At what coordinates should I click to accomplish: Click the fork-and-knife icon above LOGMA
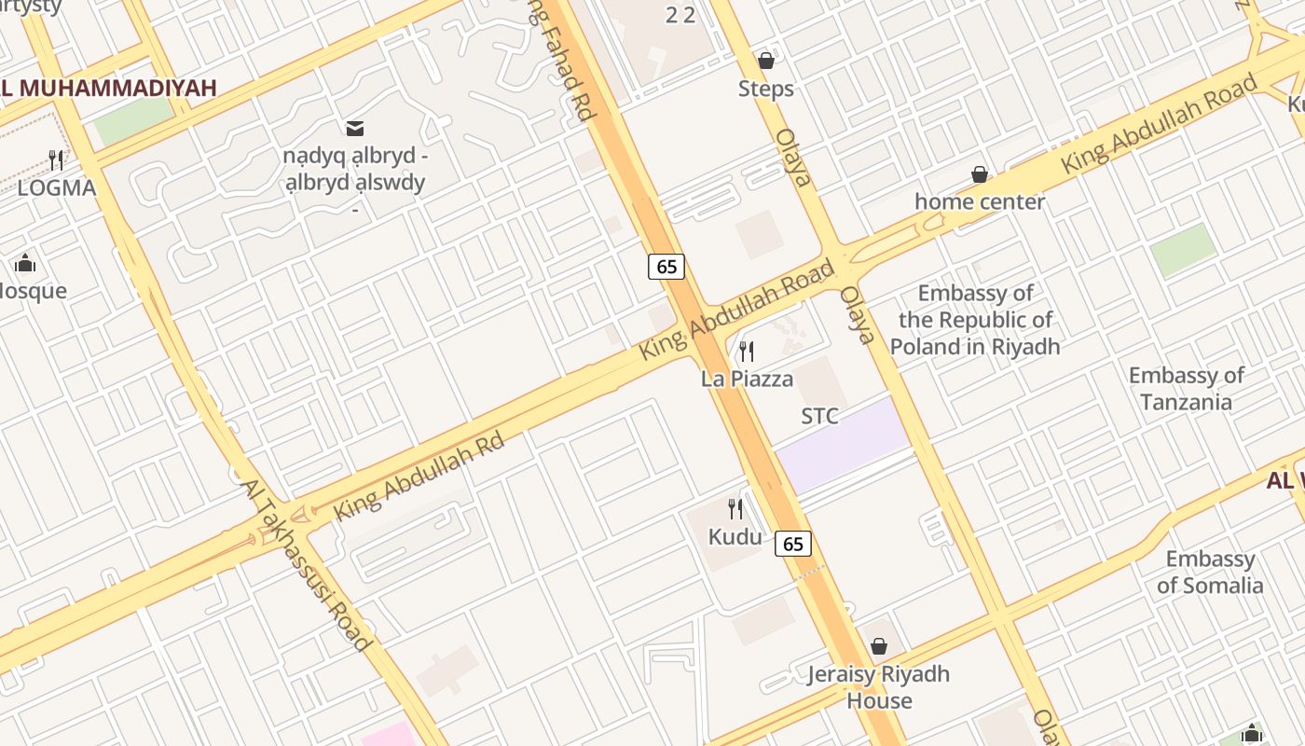click(x=56, y=160)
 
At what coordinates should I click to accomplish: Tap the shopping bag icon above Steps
click(x=766, y=61)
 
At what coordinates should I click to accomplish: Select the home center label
click(x=979, y=201)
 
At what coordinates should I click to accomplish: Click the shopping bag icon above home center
click(x=980, y=174)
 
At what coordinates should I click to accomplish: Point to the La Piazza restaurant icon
click(x=747, y=352)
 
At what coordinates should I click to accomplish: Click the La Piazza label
click(x=747, y=379)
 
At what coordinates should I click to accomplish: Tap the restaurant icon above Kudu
click(x=735, y=509)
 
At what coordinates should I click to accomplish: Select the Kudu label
click(x=735, y=537)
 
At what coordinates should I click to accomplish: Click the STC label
click(x=819, y=416)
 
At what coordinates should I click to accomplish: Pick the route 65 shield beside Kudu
click(x=793, y=544)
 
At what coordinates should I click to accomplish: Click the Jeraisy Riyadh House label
click(x=878, y=687)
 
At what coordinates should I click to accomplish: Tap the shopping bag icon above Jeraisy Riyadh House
click(x=878, y=646)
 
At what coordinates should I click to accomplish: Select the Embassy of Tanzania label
click(x=1186, y=389)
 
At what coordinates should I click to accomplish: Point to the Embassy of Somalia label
click(x=1210, y=573)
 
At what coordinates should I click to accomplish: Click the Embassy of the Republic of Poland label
click(x=975, y=320)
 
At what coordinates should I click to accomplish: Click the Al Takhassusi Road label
click(x=306, y=565)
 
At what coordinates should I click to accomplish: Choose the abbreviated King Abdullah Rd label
click(x=419, y=476)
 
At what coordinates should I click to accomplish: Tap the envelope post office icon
click(x=355, y=128)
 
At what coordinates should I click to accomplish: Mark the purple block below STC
click(x=843, y=446)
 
